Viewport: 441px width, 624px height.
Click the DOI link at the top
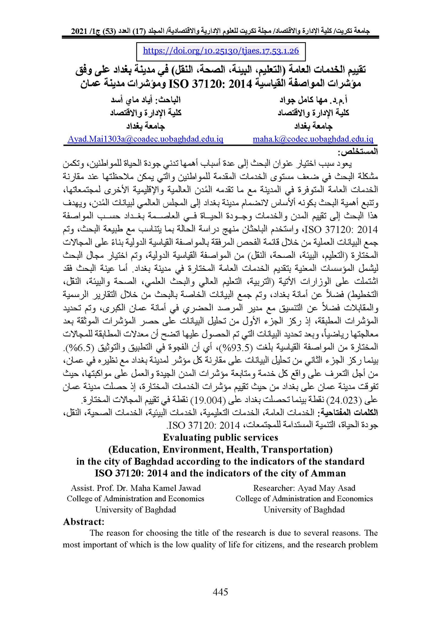(x=221, y=51)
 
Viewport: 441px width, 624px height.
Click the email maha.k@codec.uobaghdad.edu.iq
(x=313, y=139)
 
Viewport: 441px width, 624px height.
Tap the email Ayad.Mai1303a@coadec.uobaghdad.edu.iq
(x=146, y=139)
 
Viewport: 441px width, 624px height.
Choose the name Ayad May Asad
(x=326, y=488)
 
